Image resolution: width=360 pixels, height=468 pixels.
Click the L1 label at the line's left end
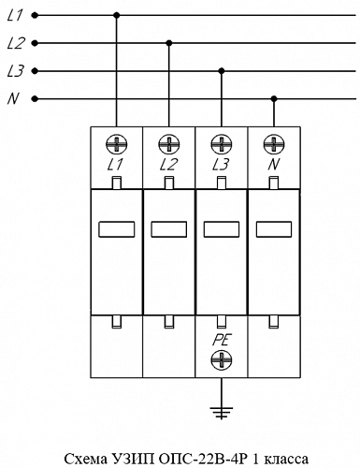[x=15, y=15]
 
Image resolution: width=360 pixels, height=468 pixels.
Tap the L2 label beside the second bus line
[x=16, y=43]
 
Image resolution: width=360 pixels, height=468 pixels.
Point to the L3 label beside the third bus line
[x=16, y=71]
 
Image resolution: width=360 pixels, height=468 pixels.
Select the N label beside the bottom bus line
[x=13, y=98]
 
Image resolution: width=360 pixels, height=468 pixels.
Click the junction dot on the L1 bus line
[x=117, y=15]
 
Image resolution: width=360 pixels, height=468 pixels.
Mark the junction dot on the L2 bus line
[x=169, y=43]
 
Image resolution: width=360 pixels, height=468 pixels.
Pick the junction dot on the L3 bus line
[x=222, y=71]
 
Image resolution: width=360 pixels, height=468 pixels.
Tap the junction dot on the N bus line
[x=274, y=99]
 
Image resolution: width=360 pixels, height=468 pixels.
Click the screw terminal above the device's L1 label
[x=117, y=144]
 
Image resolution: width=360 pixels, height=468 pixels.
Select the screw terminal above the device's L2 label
[x=169, y=144]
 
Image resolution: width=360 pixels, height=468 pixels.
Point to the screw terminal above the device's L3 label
[x=222, y=144]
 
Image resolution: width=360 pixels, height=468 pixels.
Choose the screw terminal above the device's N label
[x=274, y=144]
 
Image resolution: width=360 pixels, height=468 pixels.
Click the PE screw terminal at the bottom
[x=222, y=359]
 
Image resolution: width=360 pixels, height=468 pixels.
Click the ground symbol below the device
[x=222, y=413]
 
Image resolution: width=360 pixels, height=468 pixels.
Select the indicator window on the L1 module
[x=117, y=229]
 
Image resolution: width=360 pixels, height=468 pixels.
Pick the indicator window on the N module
[x=274, y=229]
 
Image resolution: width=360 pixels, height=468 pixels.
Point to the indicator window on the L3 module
[x=222, y=229]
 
